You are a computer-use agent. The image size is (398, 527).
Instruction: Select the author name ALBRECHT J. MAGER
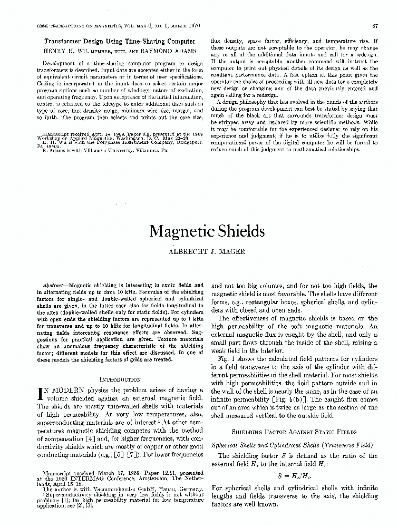(199, 252)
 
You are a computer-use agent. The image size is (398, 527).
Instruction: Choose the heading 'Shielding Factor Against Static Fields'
(294, 431)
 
